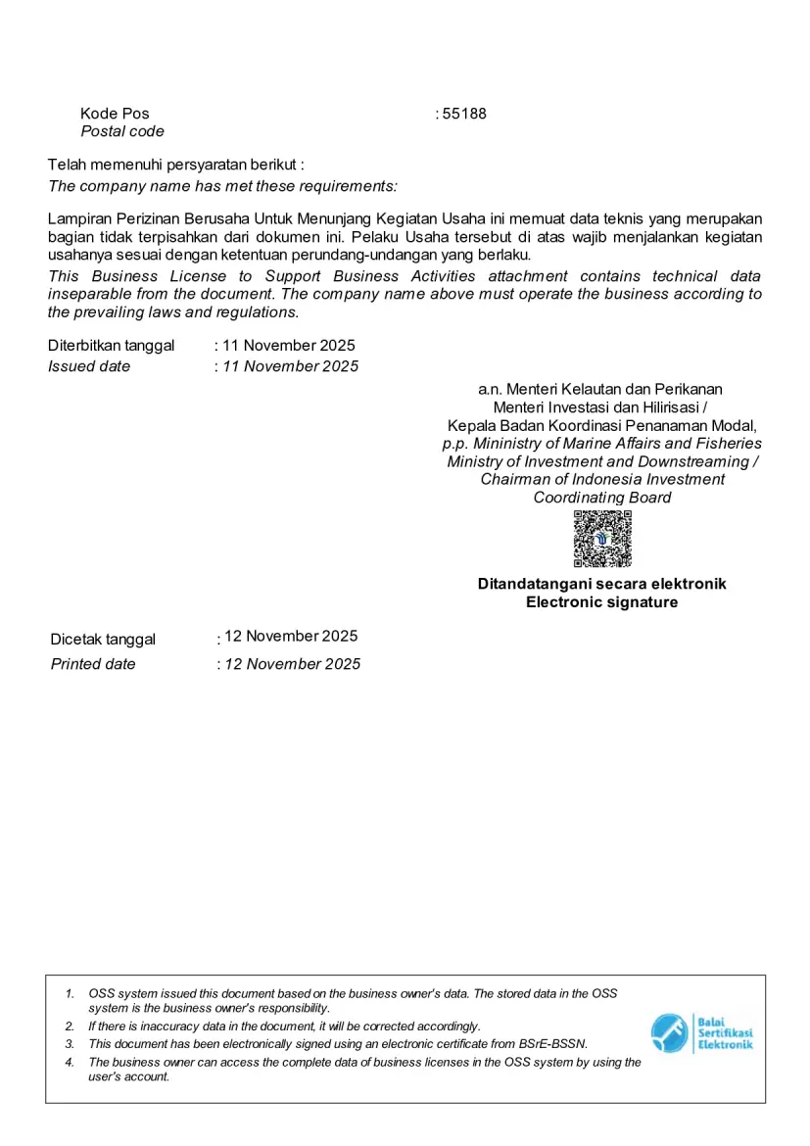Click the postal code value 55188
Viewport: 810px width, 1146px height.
pos(464,114)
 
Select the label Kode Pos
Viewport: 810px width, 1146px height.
pos(115,114)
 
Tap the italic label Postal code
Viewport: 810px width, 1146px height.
pos(122,131)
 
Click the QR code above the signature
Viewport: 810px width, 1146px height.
pos(602,539)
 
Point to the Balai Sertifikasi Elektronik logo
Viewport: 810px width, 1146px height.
pos(701,1033)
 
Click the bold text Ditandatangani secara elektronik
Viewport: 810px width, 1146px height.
pos(602,584)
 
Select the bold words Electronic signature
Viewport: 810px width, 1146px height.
pos(602,602)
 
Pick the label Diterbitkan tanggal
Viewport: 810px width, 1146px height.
pos(111,345)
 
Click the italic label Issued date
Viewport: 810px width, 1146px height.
pos(89,366)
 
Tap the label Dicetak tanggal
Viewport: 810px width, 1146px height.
pos(103,640)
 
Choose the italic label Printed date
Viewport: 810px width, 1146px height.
pos(93,664)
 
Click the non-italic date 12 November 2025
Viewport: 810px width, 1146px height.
pos(291,636)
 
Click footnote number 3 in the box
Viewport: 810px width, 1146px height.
pos(70,1044)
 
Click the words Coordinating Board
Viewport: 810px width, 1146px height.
pos(602,498)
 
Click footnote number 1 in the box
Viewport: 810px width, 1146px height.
pos(70,993)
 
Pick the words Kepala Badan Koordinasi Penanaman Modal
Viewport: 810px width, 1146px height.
pos(602,425)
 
